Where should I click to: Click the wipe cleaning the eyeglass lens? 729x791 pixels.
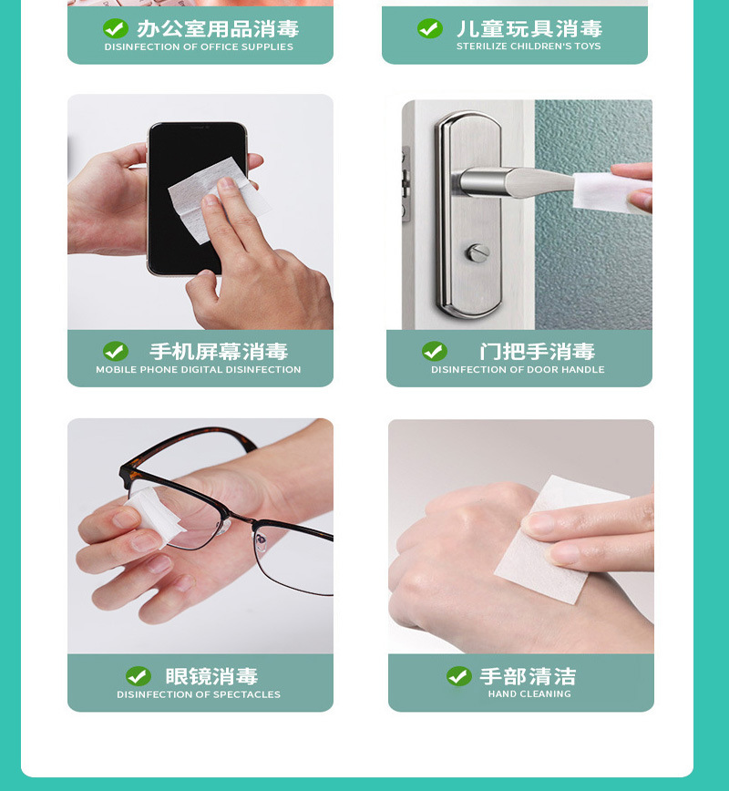click(150, 516)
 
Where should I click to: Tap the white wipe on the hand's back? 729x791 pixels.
click(556, 538)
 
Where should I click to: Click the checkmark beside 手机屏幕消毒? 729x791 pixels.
click(116, 351)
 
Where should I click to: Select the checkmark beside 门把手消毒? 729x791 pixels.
click(435, 351)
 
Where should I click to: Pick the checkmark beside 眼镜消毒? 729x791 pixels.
click(139, 676)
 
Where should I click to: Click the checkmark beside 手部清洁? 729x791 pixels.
click(458, 676)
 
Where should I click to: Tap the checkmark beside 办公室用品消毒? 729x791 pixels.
click(116, 28)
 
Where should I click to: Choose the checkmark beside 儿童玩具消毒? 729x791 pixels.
click(430, 28)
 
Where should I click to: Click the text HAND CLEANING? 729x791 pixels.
click(529, 694)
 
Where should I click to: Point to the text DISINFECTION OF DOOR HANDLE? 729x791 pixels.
click(518, 370)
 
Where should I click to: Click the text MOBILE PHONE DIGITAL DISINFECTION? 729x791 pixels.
click(199, 370)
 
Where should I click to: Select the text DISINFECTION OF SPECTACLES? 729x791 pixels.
click(199, 694)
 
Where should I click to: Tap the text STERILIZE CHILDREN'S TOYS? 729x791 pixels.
click(529, 46)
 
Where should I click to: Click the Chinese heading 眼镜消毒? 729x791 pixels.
click(211, 676)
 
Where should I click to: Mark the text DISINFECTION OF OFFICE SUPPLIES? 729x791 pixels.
click(199, 46)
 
